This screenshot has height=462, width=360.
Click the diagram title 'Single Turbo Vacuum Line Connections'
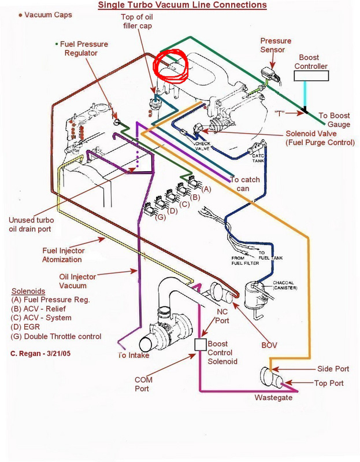point(182,5)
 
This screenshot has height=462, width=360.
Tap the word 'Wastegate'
point(273,398)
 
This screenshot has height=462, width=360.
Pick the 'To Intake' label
point(134,355)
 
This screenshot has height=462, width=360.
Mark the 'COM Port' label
point(142,383)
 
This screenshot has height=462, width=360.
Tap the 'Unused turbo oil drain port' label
point(38,224)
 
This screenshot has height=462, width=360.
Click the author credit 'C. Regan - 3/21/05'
point(44,353)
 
